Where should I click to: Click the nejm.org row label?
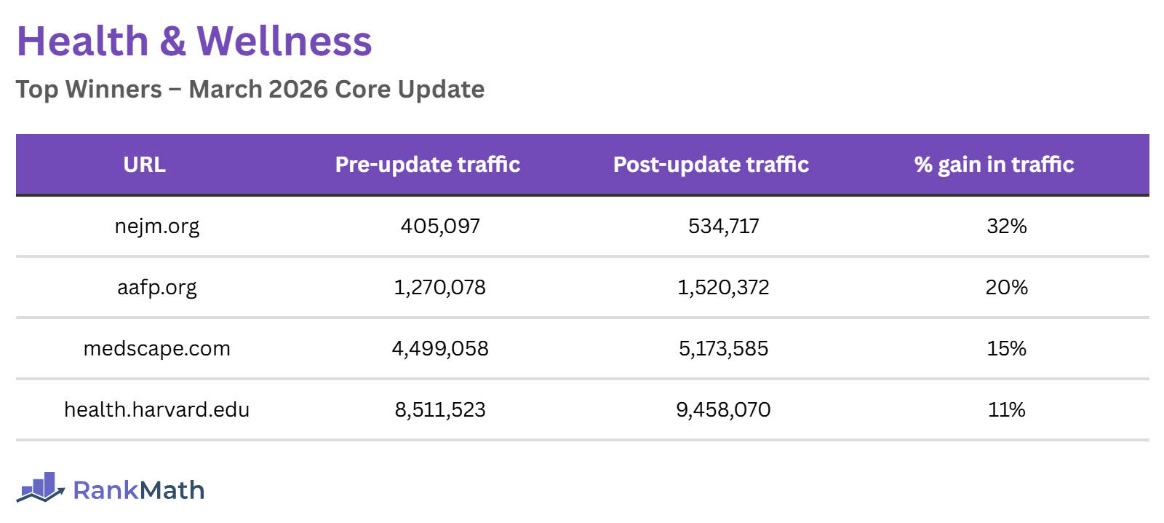(x=157, y=226)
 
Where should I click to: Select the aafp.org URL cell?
(x=157, y=287)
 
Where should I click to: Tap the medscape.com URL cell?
(x=157, y=348)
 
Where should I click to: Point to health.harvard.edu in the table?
(x=157, y=409)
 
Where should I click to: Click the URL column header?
(x=144, y=165)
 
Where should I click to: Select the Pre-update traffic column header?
(x=428, y=165)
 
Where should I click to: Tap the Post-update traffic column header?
(x=711, y=165)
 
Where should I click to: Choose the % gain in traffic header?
(x=994, y=165)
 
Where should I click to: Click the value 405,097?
(x=440, y=226)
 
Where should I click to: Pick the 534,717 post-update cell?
(x=724, y=226)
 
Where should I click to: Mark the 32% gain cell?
(x=1007, y=226)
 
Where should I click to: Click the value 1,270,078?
(x=440, y=287)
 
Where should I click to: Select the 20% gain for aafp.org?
(x=1007, y=287)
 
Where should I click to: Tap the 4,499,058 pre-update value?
(x=440, y=348)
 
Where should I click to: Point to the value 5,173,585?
(x=724, y=348)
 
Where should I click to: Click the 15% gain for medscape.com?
(x=1007, y=348)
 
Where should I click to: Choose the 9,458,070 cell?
(x=724, y=409)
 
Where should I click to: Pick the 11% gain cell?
(x=1007, y=409)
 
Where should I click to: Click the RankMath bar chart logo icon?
(x=41, y=487)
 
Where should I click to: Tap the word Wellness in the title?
(x=284, y=41)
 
